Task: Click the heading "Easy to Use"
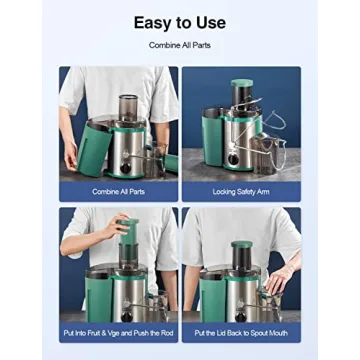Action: click(x=180, y=22)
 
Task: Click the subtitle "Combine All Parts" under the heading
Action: click(x=179, y=45)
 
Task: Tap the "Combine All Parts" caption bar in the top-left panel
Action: click(x=118, y=191)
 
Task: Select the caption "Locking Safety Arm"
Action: click(x=240, y=191)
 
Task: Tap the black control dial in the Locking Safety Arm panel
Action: click(x=234, y=159)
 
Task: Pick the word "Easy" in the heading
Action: click(x=153, y=22)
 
